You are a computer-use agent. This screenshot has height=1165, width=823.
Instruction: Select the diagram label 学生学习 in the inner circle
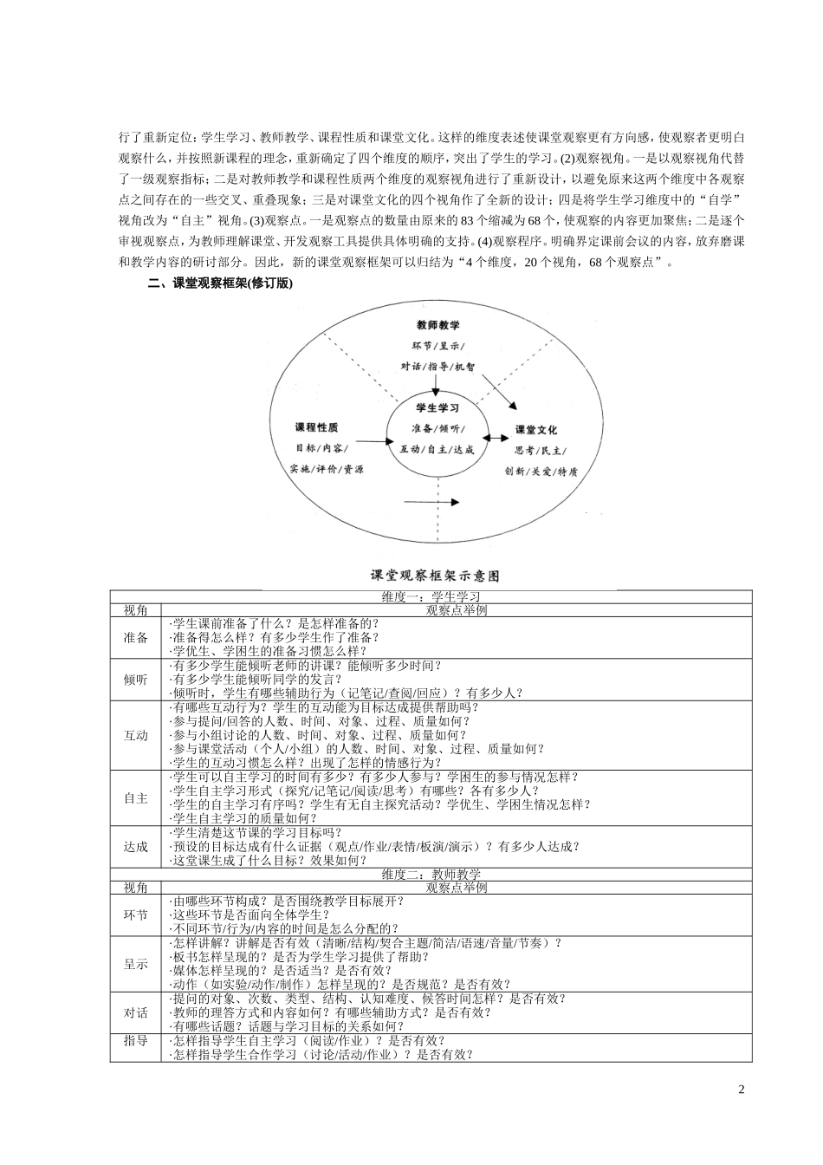coord(437,407)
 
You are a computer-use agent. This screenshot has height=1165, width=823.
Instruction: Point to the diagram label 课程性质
coord(317,427)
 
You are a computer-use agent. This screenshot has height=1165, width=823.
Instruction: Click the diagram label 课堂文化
coord(536,429)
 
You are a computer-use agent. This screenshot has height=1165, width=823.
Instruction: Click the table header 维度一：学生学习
coord(431,597)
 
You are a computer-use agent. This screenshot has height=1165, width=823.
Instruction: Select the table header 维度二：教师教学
coord(431,875)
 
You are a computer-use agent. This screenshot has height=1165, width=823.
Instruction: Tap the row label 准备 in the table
coord(136,637)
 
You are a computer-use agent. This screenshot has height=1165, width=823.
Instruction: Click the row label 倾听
coord(136,679)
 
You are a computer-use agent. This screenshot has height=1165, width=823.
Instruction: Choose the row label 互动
coord(136,735)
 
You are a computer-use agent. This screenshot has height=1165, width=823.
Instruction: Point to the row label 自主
coord(136,797)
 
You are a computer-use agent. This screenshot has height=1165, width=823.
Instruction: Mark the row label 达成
coord(136,846)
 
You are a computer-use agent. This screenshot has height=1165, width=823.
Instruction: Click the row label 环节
coord(136,914)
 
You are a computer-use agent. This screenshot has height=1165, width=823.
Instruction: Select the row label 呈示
coord(136,963)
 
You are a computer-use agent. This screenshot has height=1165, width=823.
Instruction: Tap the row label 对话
coord(136,1012)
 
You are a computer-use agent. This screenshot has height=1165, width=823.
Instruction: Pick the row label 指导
coord(136,1040)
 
